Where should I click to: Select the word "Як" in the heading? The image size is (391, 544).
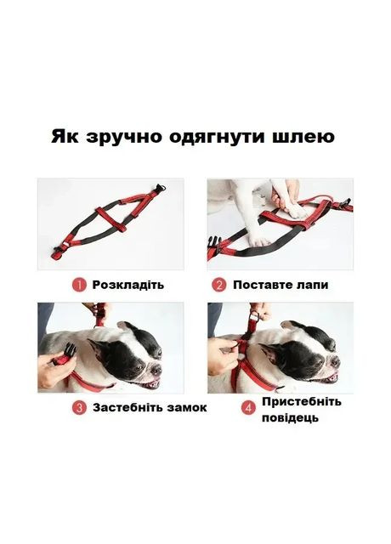(65, 136)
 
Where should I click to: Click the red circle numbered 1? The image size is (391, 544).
(79, 286)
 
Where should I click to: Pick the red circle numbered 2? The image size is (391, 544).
(219, 286)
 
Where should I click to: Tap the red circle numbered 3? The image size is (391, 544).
(79, 408)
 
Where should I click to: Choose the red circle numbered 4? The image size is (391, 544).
(248, 408)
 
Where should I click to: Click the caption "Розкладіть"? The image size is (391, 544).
(128, 285)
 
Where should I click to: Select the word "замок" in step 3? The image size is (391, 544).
(187, 407)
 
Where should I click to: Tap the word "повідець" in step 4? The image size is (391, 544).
(290, 417)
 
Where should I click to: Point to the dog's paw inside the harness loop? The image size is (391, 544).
(299, 211)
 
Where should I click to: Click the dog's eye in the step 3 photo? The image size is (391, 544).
(138, 367)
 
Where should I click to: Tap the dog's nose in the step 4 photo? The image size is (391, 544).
(335, 362)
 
